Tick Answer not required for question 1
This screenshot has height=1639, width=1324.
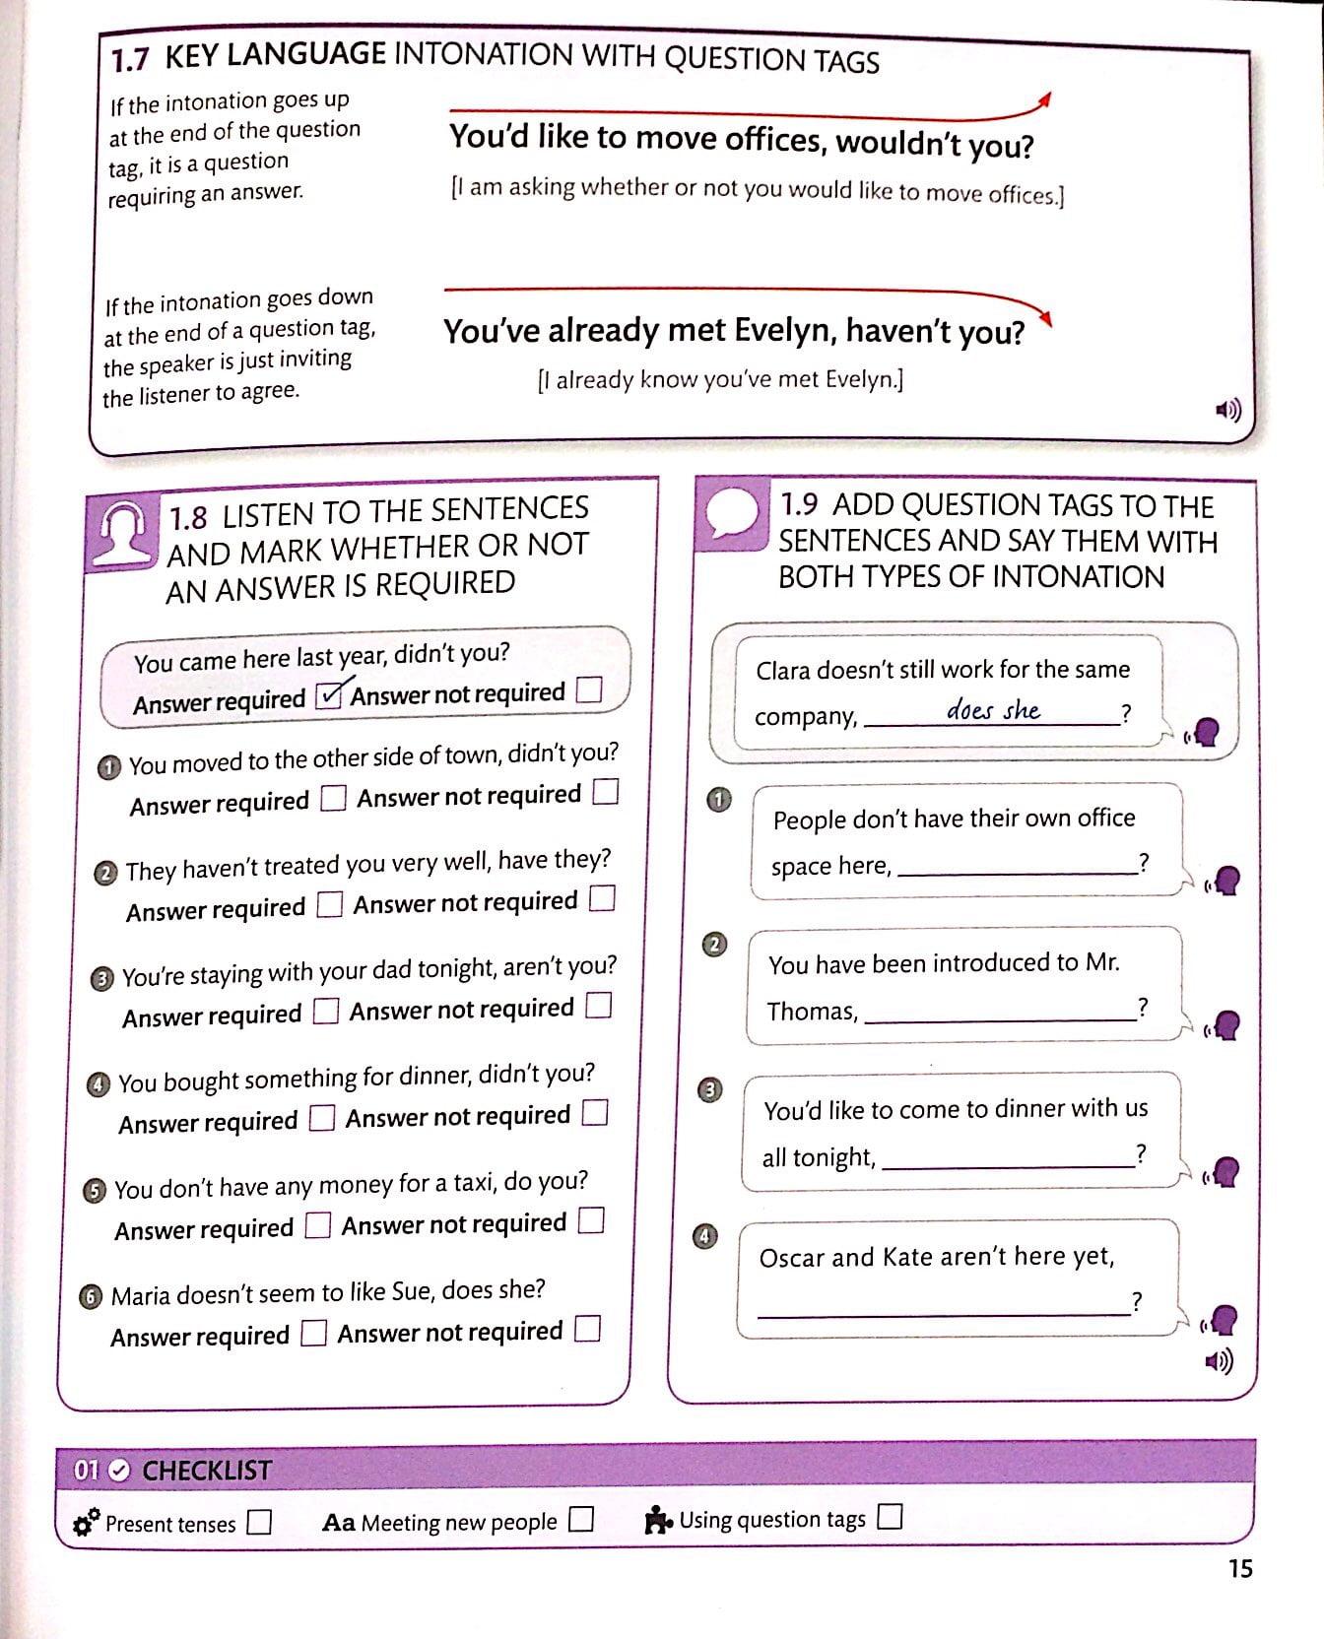pos(606,792)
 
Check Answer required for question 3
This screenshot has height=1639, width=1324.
pos(326,1012)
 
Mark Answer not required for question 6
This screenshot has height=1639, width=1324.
pos(588,1330)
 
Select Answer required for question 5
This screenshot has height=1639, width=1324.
pos(318,1225)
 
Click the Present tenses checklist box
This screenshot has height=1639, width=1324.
pos(260,1522)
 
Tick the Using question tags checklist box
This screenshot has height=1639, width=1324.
pos(890,1516)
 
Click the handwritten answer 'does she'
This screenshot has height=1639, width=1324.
pos(992,709)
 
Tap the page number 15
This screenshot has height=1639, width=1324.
pos(1240,1569)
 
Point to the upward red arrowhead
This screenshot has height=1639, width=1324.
pos(1046,98)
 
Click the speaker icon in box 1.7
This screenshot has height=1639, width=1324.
pos(1227,410)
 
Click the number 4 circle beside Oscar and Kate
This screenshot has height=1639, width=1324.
pos(705,1236)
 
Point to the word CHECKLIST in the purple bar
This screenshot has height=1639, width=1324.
pos(207,1471)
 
